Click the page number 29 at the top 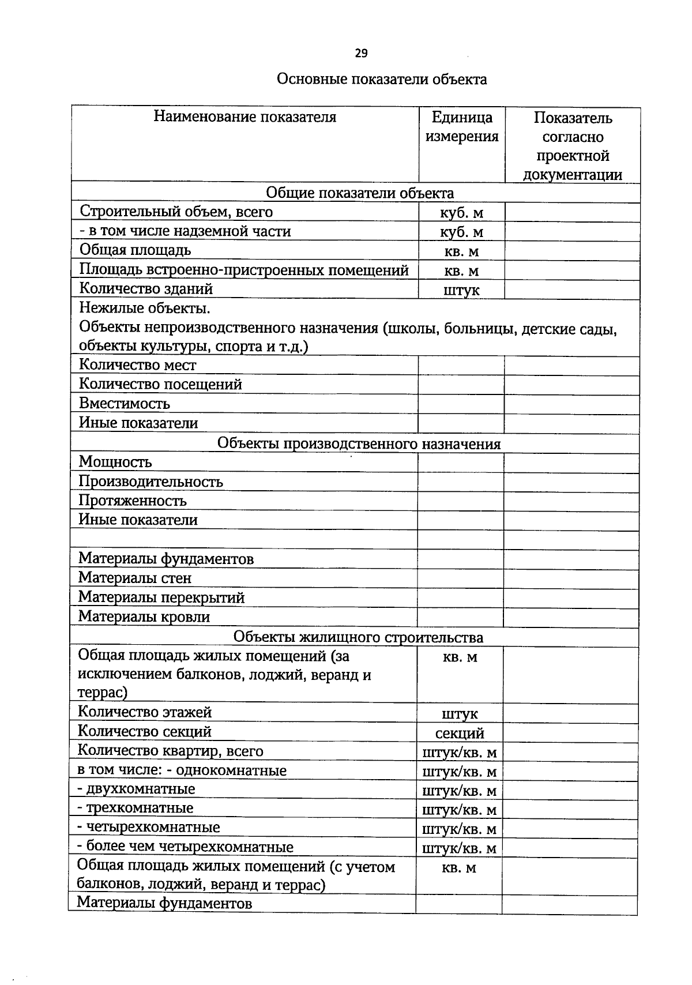tap(361, 54)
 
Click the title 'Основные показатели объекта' tap(382, 79)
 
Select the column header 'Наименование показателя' tap(245, 118)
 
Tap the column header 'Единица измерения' tap(461, 127)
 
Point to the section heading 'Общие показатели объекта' tap(360, 193)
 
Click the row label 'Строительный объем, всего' tap(176, 212)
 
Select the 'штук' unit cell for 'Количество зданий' tap(461, 290)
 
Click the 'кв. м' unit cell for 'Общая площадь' tap(461, 251)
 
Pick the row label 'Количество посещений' tap(160, 385)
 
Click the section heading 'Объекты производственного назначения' tap(359, 443)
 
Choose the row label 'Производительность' tap(151, 482)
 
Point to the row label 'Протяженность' tap(133, 501)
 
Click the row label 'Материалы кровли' tap(144, 617)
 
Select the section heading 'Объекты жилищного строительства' tap(358, 637)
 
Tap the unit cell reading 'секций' tap(460, 734)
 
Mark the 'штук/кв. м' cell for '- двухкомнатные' tap(460, 791)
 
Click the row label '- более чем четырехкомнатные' tap(185, 847)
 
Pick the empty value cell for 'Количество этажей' tap(570, 713)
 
